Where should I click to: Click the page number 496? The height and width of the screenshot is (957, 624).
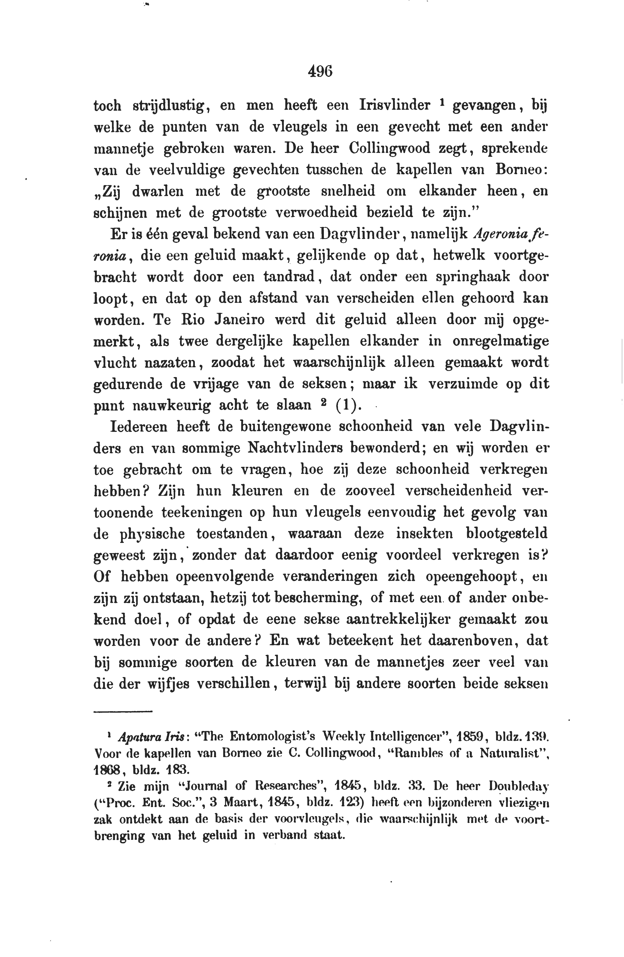(x=320, y=72)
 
